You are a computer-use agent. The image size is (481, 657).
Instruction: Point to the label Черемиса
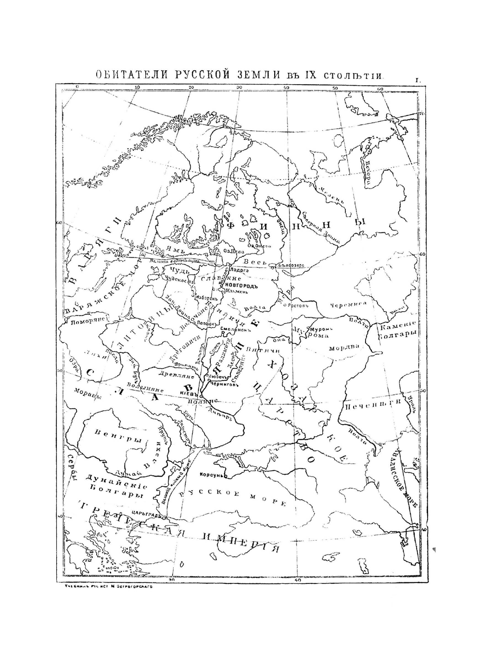click(x=349, y=305)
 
